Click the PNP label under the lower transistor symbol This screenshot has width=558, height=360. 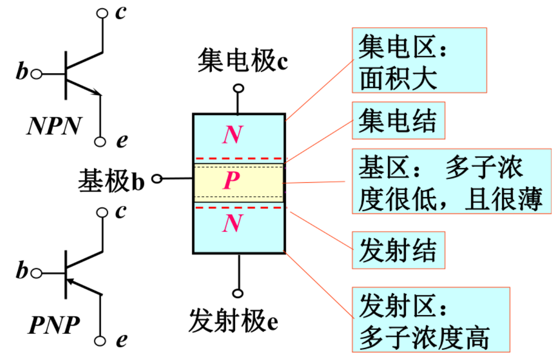tap(54, 325)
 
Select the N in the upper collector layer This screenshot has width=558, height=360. tap(232, 135)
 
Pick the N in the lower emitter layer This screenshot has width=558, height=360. tap(232, 224)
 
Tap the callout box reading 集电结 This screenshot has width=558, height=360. tap(398, 120)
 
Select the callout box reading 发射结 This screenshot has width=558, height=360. tap(398, 250)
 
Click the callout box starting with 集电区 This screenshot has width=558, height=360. tap(419, 60)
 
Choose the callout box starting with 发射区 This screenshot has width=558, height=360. tap(430, 319)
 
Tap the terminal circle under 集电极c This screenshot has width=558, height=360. tap(237, 88)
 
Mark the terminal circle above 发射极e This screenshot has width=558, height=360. tap(237, 293)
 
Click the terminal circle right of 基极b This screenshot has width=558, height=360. tap(157, 179)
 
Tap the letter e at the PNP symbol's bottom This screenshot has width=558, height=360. tap(121, 340)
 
